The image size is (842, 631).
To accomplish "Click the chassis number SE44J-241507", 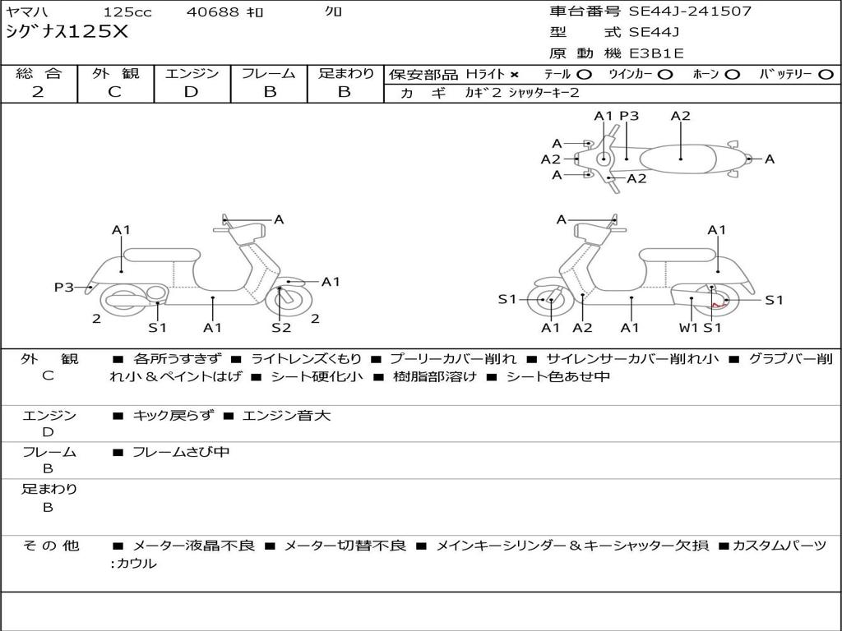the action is pyautogui.click(x=690, y=12).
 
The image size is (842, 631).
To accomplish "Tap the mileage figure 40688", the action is pyautogui.click(x=214, y=12).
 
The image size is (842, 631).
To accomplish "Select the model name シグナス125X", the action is pyautogui.click(x=67, y=33).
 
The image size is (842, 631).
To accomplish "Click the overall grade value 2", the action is pyautogui.click(x=38, y=92).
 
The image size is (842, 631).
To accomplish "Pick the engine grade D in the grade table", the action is pyautogui.click(x=191, y=92).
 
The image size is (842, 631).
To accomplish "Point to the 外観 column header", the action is pyautogui.click(x=115, y=73).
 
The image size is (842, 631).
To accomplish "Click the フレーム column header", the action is pyautogui.click(x=269, y=73).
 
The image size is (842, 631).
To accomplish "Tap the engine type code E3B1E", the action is pyautogui.click(x=656, y=54).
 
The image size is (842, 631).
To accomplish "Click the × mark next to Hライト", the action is pyautogui.click(x=514, y=74).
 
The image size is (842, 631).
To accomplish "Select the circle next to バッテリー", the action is pyautogui.click(x=826, y=74).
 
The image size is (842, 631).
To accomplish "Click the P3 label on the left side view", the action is pyautogui.click(x=64, y=287).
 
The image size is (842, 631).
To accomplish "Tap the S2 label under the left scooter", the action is pyautogui.click(x=281, y=328).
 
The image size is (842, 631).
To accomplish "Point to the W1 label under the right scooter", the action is pyautogui.click(x=687, y=328).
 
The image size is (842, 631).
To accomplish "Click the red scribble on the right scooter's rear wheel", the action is pyautogui.click(x=718, y=304).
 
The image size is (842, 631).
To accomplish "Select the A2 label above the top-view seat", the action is pyautogui.click(x=680, y=116).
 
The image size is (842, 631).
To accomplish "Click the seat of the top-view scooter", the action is pyautogui.click(x=681, y=156).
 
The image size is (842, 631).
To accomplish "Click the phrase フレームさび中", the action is pyautogui.click(x=181, y=452).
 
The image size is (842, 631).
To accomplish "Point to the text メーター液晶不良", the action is pyautogui.click(x=193, y=546).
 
